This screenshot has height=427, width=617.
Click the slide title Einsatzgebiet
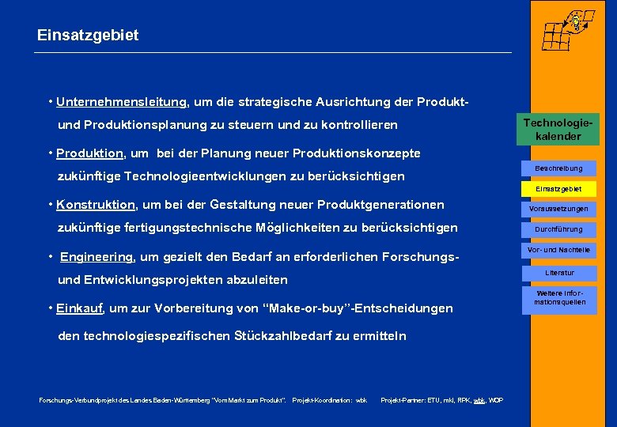(x=88, y=36)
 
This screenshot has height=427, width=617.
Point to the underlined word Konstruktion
(x=96, y=205)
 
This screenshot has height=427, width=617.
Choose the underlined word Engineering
(x=97, y=257)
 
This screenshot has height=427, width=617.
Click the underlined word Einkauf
(x=81, y=308)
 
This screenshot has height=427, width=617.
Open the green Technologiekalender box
(x=561, y=130)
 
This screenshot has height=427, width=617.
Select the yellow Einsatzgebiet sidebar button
(x=558, y=189)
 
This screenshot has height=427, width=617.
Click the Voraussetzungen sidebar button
(x=558, y=209)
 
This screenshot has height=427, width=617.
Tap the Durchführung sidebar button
(x=558, y=229)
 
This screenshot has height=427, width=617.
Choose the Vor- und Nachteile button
(x=558, y=250)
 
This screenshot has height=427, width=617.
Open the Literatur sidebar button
(x=558, y=273)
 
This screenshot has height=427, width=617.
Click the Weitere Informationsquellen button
(x=558, y=297)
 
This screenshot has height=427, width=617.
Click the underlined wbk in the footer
(x=479, y=401)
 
